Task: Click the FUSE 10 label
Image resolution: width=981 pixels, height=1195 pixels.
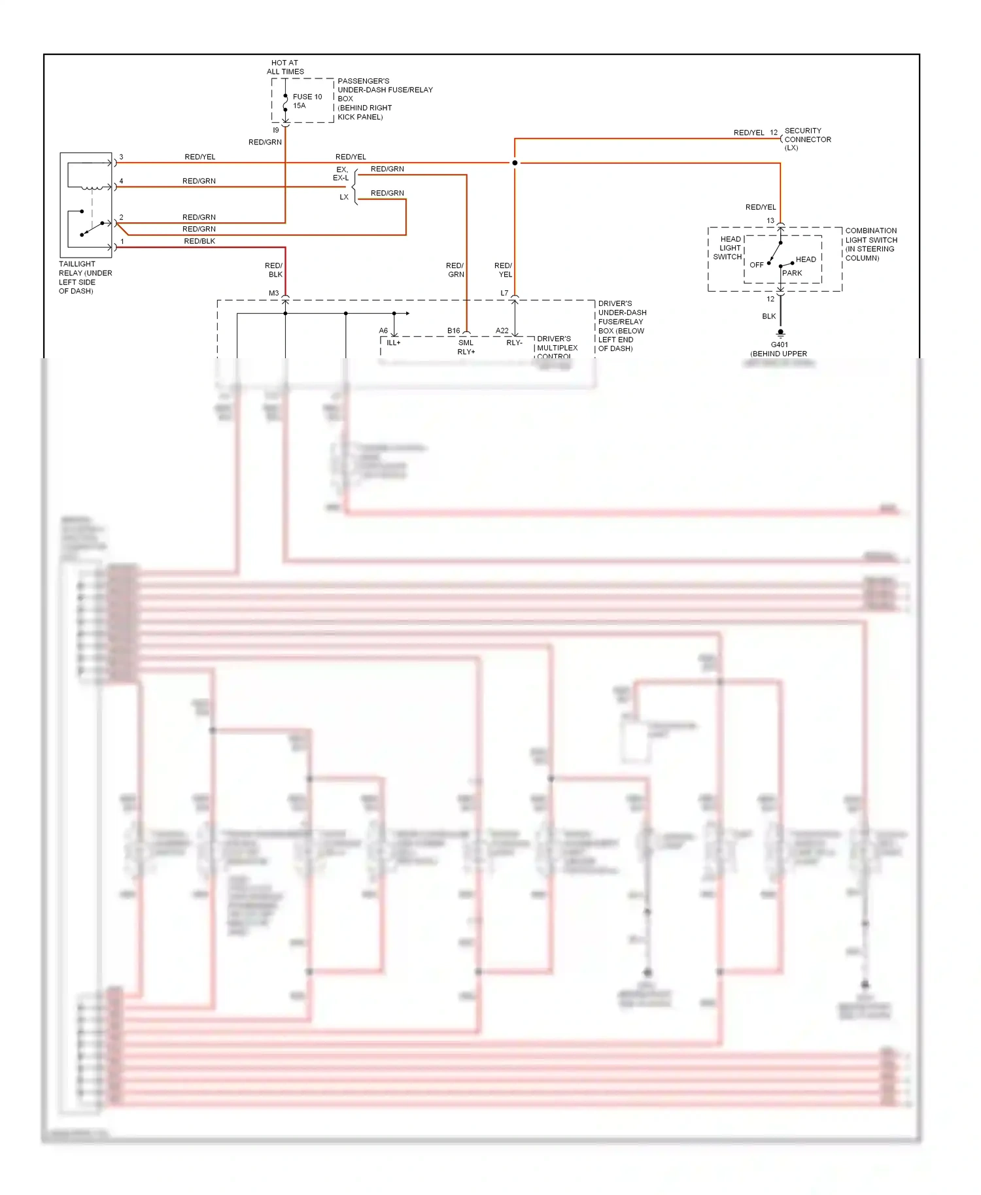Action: [x=307, y=97]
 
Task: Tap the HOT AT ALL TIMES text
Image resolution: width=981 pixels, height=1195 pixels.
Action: [x=285, y=67]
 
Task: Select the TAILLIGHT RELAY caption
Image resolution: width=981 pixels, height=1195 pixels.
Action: [x=85, y=277]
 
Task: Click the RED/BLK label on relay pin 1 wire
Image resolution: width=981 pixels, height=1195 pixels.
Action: [x=199, y=241]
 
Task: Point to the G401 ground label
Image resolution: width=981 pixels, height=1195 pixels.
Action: [x=779, y=345]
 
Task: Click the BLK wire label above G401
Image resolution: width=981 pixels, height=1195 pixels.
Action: [x=768, y=316]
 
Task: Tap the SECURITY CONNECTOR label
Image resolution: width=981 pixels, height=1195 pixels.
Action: [x=807, y=139]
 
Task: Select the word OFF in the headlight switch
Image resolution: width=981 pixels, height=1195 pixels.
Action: [x=756, y=265]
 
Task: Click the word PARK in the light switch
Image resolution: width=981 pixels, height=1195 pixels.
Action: [x=791, y=273]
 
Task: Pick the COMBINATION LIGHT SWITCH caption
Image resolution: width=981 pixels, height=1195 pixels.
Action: [x=870, y=244]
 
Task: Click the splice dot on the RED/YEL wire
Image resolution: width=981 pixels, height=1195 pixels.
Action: [x=515, y=163]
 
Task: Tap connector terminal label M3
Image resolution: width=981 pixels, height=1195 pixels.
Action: [x=273, y=294]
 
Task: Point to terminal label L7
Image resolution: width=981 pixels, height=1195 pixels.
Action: [x=504, y=294]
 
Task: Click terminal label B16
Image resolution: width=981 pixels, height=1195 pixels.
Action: [x=453, y=331]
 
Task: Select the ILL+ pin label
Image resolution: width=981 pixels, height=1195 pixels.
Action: [x=393, y=343]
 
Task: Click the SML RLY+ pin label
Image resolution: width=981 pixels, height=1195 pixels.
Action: [x=466, y=347]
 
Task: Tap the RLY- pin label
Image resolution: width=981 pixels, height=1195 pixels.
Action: [x=514, y=343]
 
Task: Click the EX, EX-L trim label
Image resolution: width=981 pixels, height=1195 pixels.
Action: [x=341, y=174]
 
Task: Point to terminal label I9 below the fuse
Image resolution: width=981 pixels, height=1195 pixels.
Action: [x=275, y=130]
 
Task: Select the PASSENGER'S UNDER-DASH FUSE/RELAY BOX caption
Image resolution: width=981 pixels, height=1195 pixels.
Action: [x=384, y=99]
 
